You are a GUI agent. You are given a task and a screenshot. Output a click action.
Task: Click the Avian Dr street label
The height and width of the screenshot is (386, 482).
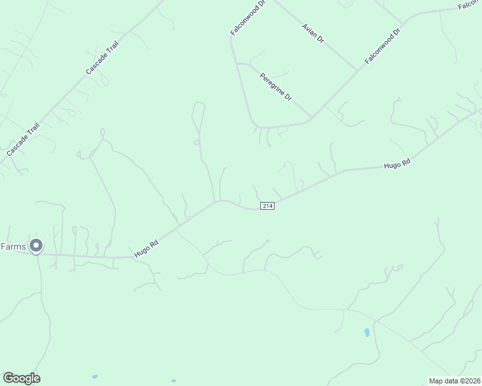(x=314, y=33)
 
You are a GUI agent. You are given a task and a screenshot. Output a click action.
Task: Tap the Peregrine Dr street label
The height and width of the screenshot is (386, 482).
(x=276, y=87)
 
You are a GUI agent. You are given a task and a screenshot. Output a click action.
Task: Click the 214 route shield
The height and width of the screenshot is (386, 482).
(x=268, y=205)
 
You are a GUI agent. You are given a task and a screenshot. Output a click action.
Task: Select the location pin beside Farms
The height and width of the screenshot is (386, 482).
(x=37, y=245)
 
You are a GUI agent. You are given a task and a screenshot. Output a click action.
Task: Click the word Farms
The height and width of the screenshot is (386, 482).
(x=13, y=246)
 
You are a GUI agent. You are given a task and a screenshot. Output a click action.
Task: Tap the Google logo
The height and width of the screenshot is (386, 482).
(x=21, y=378)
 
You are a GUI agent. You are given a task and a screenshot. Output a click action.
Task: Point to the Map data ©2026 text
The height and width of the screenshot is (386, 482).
(x=454, y=381)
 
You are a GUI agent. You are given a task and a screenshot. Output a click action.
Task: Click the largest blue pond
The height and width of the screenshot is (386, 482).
(x=367, y=333)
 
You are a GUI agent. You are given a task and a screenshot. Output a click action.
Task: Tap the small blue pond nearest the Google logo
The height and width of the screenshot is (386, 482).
(x=95, y=376)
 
